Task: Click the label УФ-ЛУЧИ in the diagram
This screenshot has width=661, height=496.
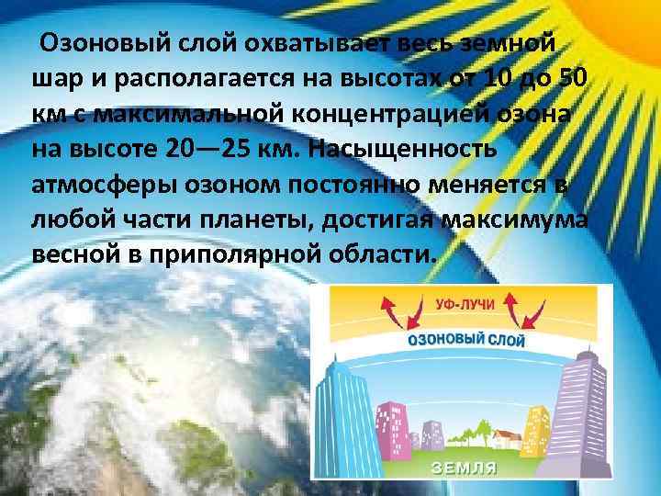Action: pos(463,301)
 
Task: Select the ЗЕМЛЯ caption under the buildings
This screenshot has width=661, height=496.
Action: pos(465,468)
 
